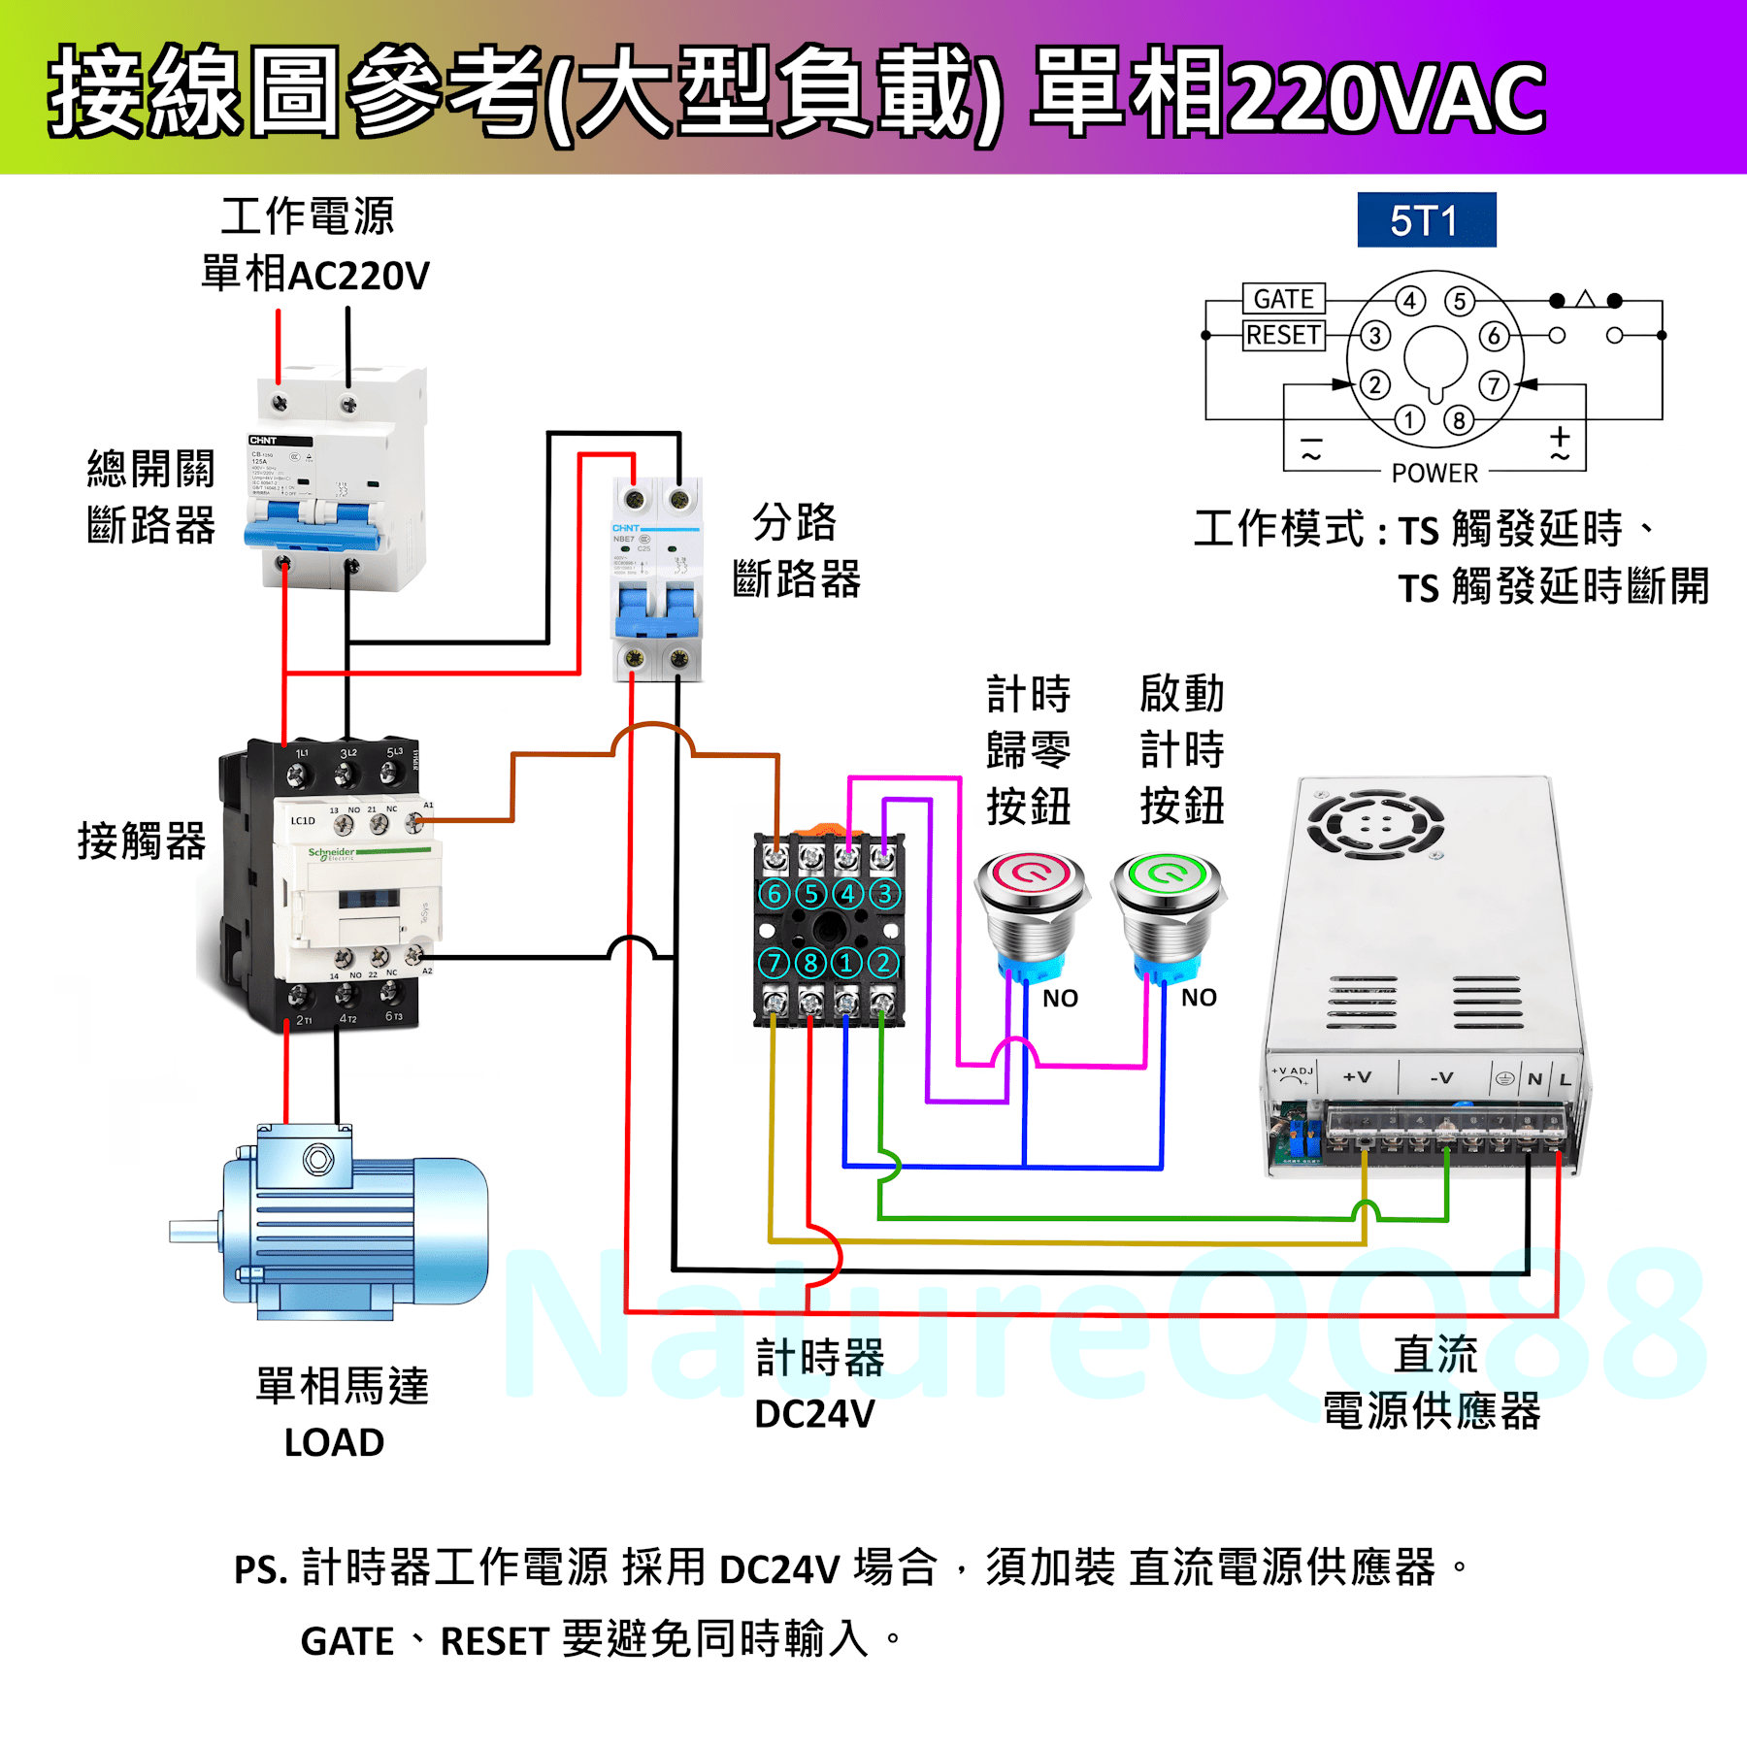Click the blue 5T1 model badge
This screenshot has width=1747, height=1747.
(1426, 220)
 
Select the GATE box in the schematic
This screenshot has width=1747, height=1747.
(1283, 298)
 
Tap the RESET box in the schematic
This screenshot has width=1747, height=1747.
(1283, 335)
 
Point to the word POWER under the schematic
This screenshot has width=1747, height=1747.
(1434, 473)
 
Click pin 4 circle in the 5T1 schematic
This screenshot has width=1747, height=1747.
(1410, 301)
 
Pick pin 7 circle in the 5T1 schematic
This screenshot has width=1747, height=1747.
(1495, 385)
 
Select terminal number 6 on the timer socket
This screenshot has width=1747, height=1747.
(775, 894)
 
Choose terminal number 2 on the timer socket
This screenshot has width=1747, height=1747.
(883, 963)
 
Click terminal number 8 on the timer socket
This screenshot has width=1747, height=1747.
(810, 963)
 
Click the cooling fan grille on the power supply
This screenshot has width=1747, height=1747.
(1375, 824)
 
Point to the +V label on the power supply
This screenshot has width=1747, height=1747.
(1357, 1077)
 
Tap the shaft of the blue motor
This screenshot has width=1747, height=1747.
(195, 1232)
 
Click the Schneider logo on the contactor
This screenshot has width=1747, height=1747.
(331, 853)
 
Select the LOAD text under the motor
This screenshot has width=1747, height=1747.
(334, 1442)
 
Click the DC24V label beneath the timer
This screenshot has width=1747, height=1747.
(814, 1414)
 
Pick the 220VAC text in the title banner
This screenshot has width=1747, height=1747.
(1388, 97)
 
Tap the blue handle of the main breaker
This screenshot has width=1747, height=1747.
(312, 524)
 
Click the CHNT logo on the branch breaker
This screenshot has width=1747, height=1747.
(626, 529)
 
